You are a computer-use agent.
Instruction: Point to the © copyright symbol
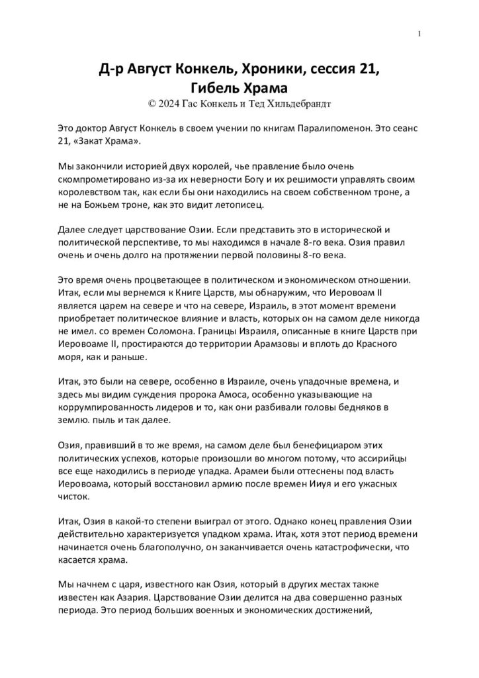click(152, 103)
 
